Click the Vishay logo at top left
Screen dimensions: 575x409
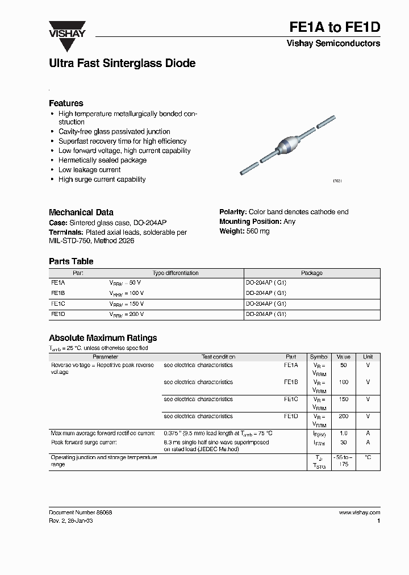click(x=66, y=29)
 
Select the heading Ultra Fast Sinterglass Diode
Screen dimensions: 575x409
click(x=122, y=64)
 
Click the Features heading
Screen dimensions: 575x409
click(x=66, y=103)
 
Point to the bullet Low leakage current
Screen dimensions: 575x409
click(x=89, y=170)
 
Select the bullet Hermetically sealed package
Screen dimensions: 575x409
click(x=102, y=160)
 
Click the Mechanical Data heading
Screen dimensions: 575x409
click(x=81, y=212)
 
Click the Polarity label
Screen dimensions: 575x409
click(x=233, y=212)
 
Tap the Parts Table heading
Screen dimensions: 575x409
click(x=71, y=261)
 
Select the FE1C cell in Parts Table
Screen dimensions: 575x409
click(x=58, y=304)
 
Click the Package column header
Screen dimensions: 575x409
click(x=311, y=273)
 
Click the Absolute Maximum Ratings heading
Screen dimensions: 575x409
click(x=103, y=338)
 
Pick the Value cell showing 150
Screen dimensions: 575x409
click(x=343, y=399)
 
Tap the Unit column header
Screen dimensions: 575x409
click(x=368, y=357)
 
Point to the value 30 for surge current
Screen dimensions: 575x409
click(x=343, y=442)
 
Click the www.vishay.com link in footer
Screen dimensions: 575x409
click(x=359, y=512)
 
